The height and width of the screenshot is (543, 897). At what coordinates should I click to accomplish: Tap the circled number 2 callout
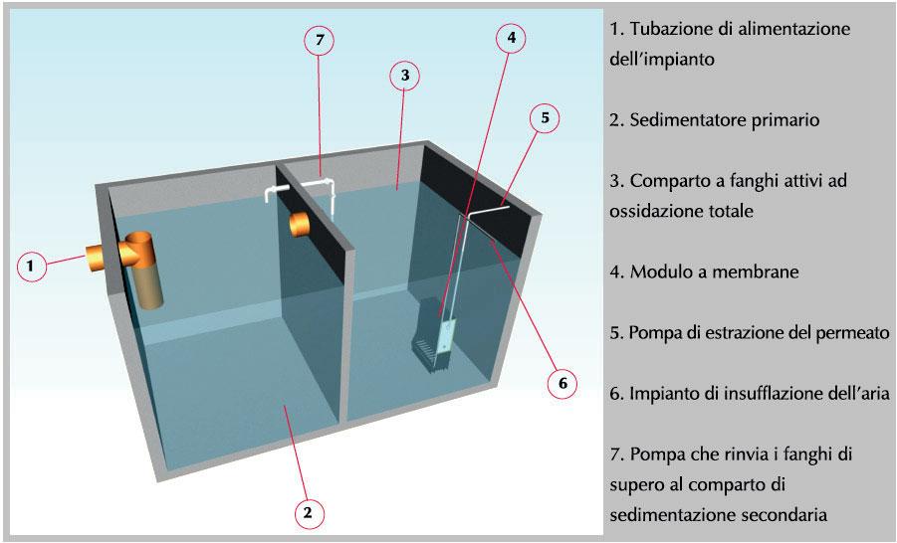308,512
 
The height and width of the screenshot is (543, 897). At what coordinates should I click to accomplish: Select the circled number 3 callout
402,75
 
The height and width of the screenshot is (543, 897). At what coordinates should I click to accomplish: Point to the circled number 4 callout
512,39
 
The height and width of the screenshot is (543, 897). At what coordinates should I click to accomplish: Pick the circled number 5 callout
545,117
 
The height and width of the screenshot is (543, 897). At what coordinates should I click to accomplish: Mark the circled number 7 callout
319,40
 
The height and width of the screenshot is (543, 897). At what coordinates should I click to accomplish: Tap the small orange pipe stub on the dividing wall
300,223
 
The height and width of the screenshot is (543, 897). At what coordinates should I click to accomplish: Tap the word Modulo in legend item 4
661,271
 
